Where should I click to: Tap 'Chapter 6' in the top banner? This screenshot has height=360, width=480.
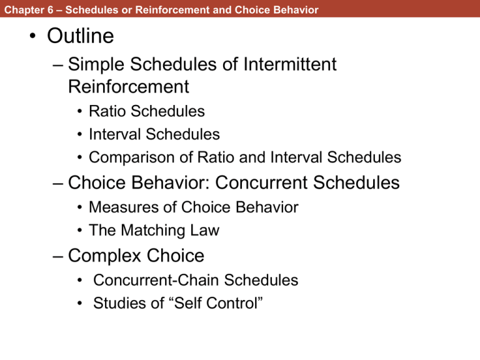tap(22, 10)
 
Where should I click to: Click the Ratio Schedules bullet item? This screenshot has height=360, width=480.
tap(147, 112)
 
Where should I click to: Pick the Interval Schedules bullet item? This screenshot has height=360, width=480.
tap(154, 134)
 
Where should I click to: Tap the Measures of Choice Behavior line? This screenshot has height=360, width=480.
tap(193, 207)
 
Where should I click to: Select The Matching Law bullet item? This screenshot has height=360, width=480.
tap(154, 231)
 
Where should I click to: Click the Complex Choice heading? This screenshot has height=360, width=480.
tap(136, 256)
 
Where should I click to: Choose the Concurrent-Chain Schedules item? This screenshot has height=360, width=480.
tap(196, 281)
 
